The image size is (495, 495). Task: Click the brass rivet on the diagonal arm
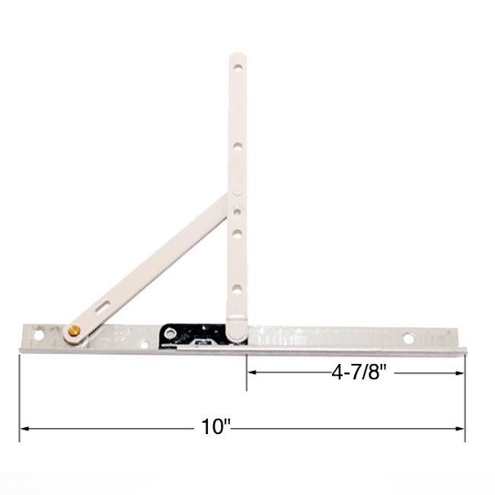point(74,331)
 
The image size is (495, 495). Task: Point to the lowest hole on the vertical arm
point(238,289)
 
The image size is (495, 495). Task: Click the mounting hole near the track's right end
point(409,337)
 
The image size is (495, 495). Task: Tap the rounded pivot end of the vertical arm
point(236,330)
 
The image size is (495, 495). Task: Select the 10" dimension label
point(216,428)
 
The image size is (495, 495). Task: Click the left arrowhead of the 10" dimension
point(23,429)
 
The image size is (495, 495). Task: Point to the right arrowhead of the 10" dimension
point(461,429)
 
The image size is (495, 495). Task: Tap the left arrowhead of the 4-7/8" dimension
point(250,372)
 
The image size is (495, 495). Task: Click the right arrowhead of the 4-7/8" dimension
point(461,372)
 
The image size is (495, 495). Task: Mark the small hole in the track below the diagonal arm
point(145,343)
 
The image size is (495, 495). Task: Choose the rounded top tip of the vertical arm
point(238,56)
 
